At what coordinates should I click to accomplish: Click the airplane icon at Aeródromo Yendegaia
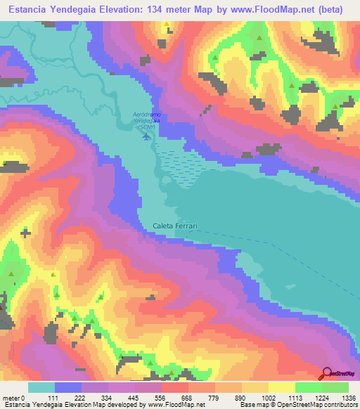pyautogui.click(x=146, y=136)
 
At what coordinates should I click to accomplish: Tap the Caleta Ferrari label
pyautogui.click(x=176, y=226)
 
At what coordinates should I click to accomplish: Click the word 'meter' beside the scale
pyautogui.click(x=11, y=398)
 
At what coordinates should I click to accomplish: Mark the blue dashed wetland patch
pyautogui.click(x=180, y=167)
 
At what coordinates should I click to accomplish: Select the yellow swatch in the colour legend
pyautogui.click(x=269, y=387)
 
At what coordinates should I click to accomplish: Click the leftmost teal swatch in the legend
pyautogui.click(x=41, y=387)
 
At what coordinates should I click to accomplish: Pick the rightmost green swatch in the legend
pyautogui.click(x=335, y=387)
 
